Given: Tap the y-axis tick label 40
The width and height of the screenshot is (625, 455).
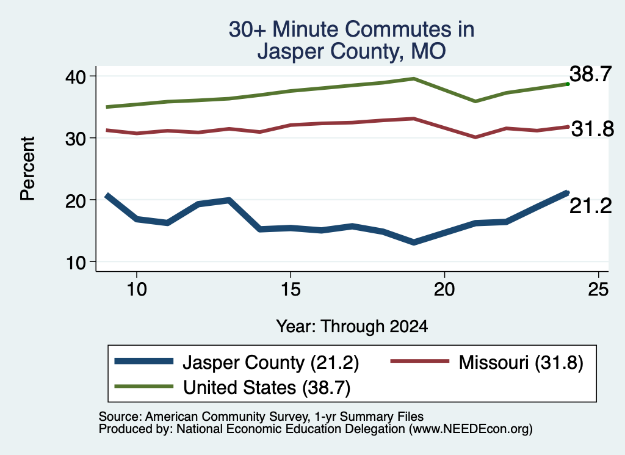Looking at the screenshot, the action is [75, 76].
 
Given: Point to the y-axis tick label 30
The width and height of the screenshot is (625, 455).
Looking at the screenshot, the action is [75, 139].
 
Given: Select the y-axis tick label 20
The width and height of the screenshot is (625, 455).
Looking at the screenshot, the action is [75, 200].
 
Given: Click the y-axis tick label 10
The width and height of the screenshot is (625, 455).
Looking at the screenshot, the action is [76, 263].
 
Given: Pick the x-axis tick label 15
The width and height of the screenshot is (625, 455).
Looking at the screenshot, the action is [291, 289].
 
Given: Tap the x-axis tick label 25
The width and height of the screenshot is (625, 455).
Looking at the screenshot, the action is [598, 289].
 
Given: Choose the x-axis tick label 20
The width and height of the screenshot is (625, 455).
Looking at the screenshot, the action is [444, 289].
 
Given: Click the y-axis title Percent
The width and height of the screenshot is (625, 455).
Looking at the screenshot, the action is [28, 169].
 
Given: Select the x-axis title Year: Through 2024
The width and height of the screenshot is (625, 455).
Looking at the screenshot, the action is [352, 326].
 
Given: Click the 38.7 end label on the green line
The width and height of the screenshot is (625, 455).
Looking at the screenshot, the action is [590, 74].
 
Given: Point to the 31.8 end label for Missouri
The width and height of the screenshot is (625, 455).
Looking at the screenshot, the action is [593, 129].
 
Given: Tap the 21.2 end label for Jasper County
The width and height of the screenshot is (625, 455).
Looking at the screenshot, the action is [590, 206].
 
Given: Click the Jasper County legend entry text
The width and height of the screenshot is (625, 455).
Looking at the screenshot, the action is [271, 363].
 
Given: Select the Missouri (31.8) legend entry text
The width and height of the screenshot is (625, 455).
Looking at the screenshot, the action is [521, 363].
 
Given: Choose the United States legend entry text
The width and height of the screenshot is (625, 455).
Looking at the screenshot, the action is [267, 387].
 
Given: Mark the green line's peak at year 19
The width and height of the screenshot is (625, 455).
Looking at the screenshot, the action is [414, 79].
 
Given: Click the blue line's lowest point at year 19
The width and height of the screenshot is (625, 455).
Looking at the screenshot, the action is [414, 242].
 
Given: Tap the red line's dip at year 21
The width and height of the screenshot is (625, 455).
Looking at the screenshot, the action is [475, 137].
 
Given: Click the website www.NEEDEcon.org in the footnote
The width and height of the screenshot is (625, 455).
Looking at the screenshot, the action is [471, 429].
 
